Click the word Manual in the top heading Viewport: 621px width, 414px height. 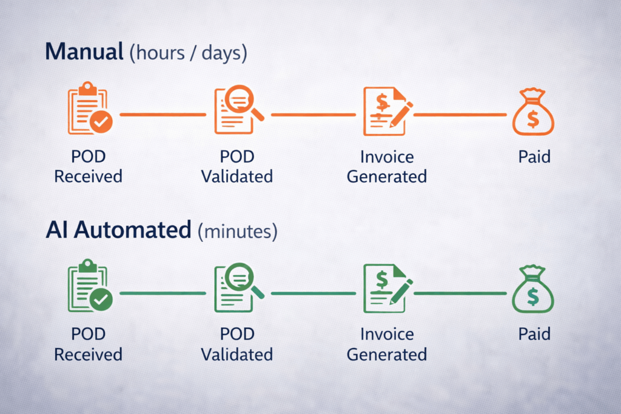[83, 52]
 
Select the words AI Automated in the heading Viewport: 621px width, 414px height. [118, 231]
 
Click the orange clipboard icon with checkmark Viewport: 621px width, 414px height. [89, 110]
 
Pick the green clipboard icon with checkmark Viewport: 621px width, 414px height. [89, 287]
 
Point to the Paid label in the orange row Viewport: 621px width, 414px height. [534, 157]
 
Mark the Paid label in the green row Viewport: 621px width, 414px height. [534, 335]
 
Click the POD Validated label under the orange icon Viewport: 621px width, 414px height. [237, 167]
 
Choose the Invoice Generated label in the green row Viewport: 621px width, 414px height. [386, 344]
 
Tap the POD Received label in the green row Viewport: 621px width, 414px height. [88, 344]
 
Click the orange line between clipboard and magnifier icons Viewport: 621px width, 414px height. [163, 114]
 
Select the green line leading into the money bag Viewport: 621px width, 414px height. [460, 293]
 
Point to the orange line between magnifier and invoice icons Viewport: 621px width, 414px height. [313, 114]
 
